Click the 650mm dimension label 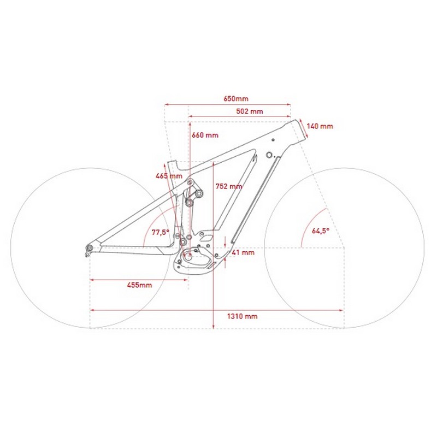(236, 99)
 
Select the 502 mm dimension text (250, 111)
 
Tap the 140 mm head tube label (320, 126)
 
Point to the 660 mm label (205, 135)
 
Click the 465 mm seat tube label (169, 176)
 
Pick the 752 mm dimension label (229, 186)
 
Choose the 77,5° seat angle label (160, 232)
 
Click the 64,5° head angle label (321, 231)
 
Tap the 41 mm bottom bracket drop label (243, 252)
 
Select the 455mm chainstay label (139, 285)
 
